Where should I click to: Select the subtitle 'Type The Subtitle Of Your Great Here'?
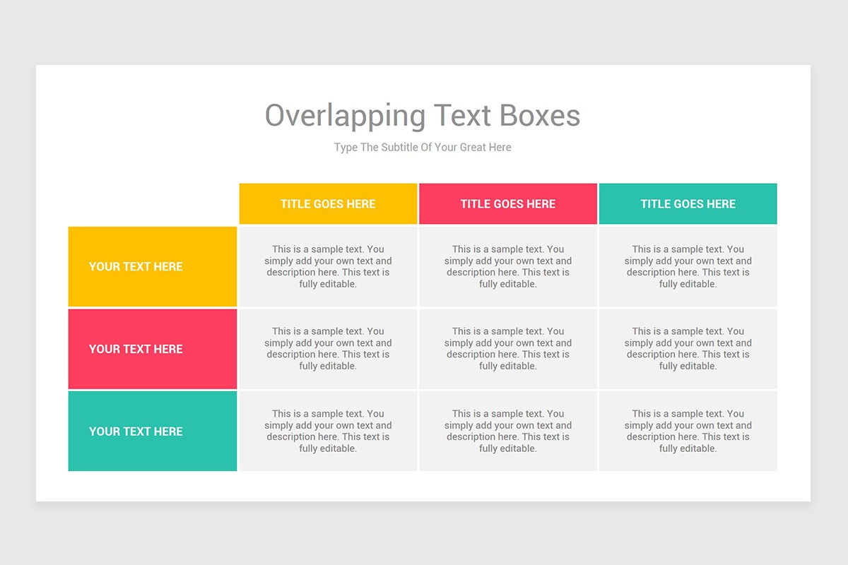pos(423,148)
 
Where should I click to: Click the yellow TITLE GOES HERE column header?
pos(328,204)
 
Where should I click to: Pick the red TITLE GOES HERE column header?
pos(508,204)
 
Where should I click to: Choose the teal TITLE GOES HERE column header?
pos(688,204)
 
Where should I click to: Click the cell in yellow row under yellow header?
pos(328,266)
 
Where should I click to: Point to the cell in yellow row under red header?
pos(508,266)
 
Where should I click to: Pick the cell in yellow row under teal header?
pos(688,266)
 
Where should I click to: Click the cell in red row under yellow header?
pos(328,349)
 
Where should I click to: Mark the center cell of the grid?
pos(508,349)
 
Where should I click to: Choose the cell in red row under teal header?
pos(688,349)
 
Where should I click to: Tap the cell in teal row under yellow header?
pos(328,431)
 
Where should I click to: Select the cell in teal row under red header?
pos(508,431)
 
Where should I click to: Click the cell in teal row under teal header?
pos(688,431)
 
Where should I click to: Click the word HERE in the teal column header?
pos(719,204)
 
